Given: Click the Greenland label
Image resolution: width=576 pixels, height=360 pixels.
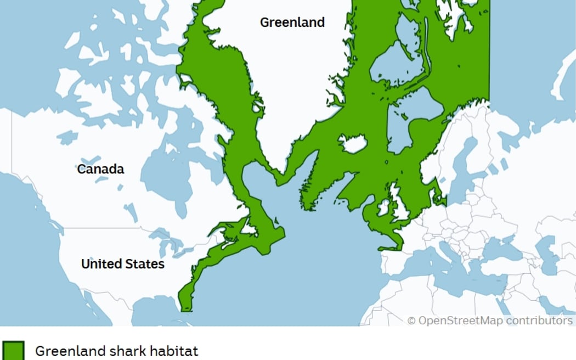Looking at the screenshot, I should (x=292, y=22).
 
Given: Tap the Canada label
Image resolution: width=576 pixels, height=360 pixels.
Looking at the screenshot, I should (x=100, y=169).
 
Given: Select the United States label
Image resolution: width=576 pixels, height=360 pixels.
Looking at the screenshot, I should (x=122, y=264).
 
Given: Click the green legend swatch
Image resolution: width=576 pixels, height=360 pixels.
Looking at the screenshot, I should (x=13, y=350).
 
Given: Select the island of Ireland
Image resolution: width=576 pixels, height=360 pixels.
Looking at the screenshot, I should (x=382, y=208).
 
